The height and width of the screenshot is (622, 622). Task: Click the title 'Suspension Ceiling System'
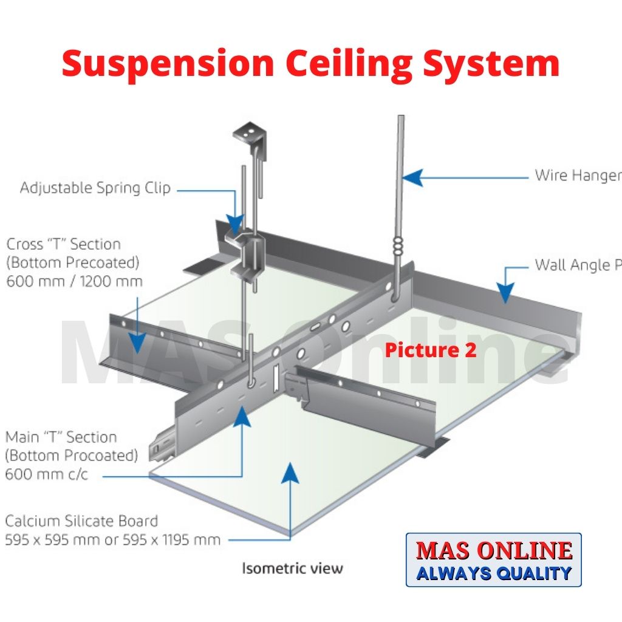click(310, 64)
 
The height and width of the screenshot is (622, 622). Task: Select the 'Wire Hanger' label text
click(577, 176)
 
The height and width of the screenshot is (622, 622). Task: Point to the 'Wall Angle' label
click(577, 265)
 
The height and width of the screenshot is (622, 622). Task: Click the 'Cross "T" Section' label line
click(64, 244)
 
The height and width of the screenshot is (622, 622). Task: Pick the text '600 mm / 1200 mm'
click(74, 281)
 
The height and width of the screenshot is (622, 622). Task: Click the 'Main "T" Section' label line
click(61, 437)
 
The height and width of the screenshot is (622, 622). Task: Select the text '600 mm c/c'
click(46, 474)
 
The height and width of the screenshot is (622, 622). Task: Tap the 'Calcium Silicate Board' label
click(81, 521)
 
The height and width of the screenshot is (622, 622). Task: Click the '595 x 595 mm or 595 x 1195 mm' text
click(112, 539)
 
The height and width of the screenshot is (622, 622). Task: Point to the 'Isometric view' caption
click(292, 569)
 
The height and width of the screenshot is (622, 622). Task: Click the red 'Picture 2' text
click(431, 350)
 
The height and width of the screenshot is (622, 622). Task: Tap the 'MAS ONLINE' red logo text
click(493, 550)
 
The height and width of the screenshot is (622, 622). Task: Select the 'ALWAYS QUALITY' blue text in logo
click(493, 573)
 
